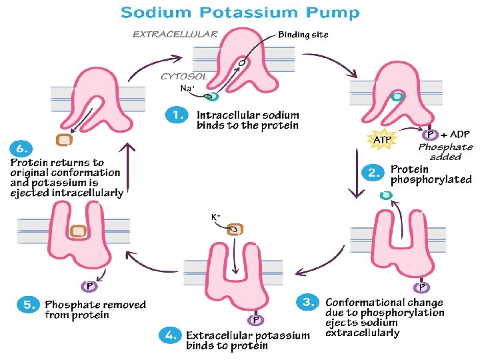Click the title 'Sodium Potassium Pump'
pyautogui.click(x=241, y=13)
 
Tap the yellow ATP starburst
pyautogui.click(x=381, y=140)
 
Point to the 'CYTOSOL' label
pyautogui.click(x=183, y=77)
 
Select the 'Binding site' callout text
pyautogui.click(x=303, y=35)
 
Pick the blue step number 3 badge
pyautogui.click(x=308, y=302)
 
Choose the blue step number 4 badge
pyautogui.click(x=169, y=335)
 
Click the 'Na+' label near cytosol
pyautogui.click(x=187, y=88)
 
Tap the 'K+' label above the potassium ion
pyautogui.click(x=216, y=217)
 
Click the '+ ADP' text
pyautogui.click(x=456, y=135)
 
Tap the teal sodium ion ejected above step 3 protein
pyautogui.click(x=385, y=195)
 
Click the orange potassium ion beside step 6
pyautogui.click(x=64, y=140)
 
